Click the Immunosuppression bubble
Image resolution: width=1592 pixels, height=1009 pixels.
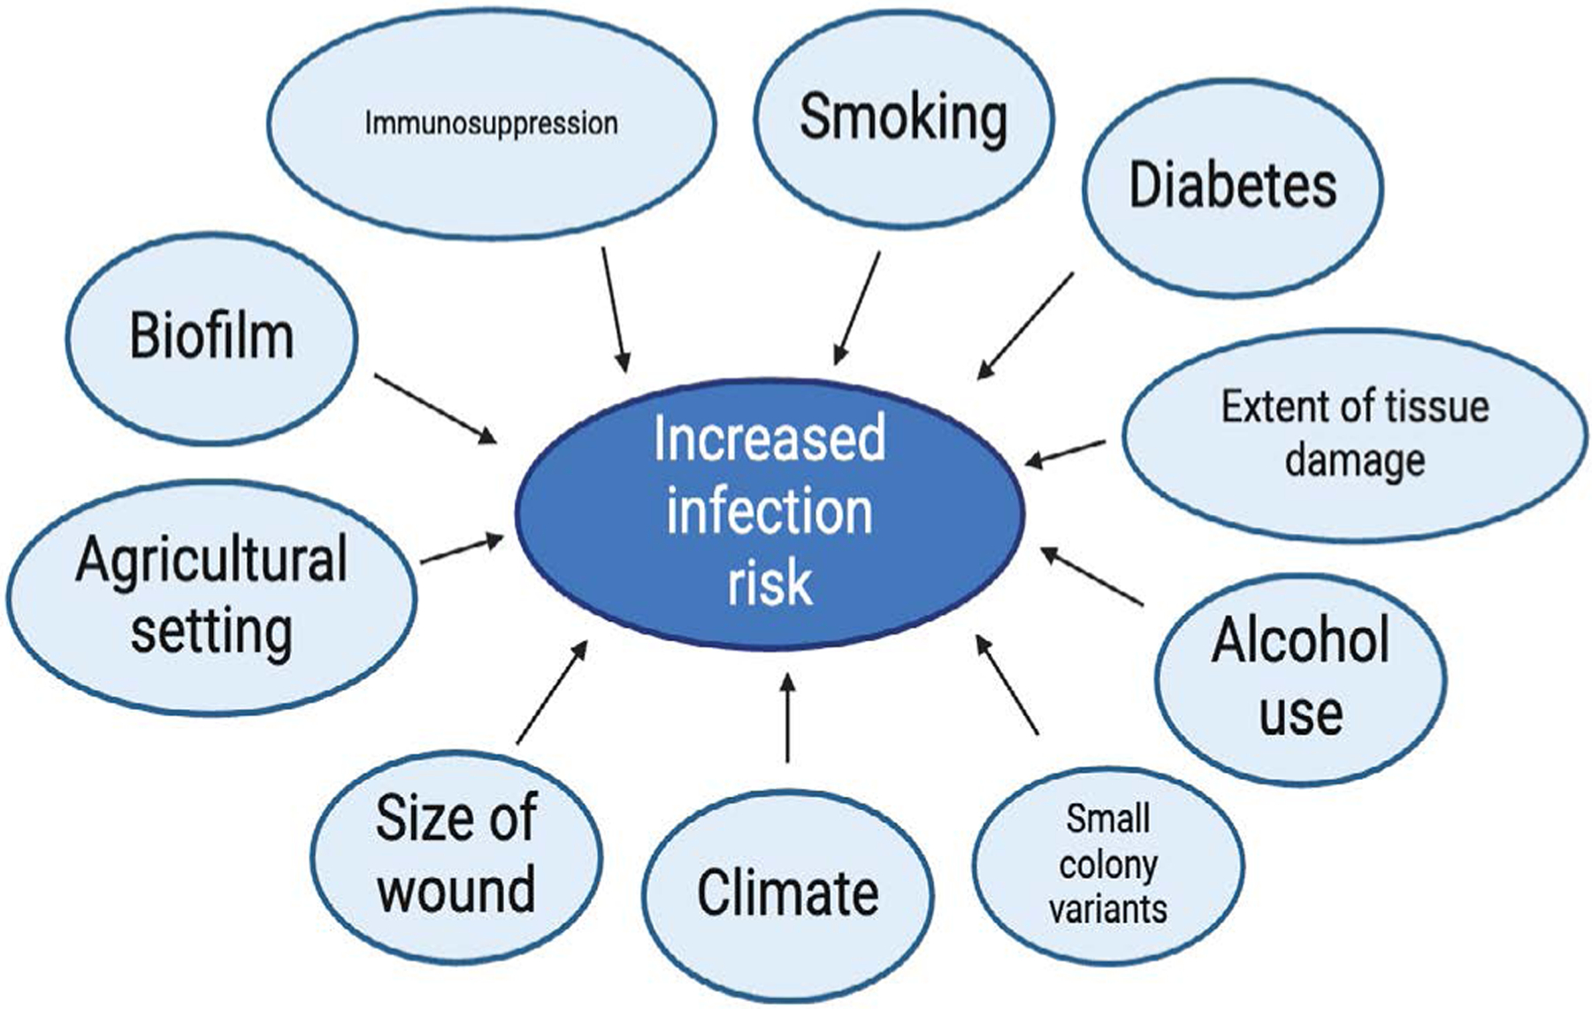491,123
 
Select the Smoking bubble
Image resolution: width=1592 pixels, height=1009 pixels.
903,118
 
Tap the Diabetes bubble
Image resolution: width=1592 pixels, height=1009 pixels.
1232,186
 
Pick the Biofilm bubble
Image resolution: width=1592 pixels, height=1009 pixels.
211,337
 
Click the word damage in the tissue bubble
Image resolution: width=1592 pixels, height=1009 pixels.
1354,461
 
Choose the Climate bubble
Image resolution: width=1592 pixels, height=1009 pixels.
787,892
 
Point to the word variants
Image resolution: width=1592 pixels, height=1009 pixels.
1107,909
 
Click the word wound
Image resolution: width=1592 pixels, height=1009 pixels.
456,889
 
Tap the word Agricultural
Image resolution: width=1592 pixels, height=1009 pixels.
211,561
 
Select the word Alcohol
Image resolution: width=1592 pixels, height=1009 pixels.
1300,640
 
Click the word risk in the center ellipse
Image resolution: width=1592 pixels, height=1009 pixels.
769,583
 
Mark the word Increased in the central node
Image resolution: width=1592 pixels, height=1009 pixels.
769,439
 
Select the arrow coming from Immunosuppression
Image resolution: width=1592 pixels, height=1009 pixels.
616,309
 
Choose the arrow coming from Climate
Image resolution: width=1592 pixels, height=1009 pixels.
787,717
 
